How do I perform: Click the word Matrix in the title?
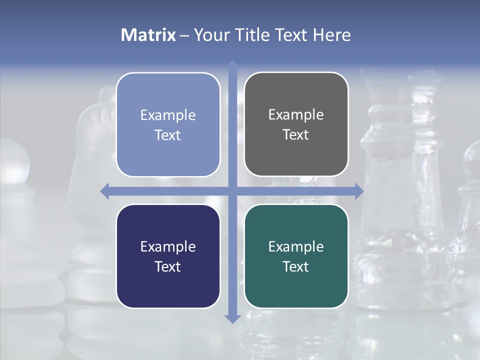[x=148, y=35]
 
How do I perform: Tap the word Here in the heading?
[x=332, y=35]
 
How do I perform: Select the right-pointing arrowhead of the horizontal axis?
[x=358, y=191]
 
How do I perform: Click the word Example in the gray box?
[x=296, y=115]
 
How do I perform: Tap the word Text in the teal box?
[x=296, y=266]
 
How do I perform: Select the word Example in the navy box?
[x=168, y=246]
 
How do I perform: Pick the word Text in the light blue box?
[x=168, y=135]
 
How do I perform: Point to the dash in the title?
[x=184, y=35]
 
